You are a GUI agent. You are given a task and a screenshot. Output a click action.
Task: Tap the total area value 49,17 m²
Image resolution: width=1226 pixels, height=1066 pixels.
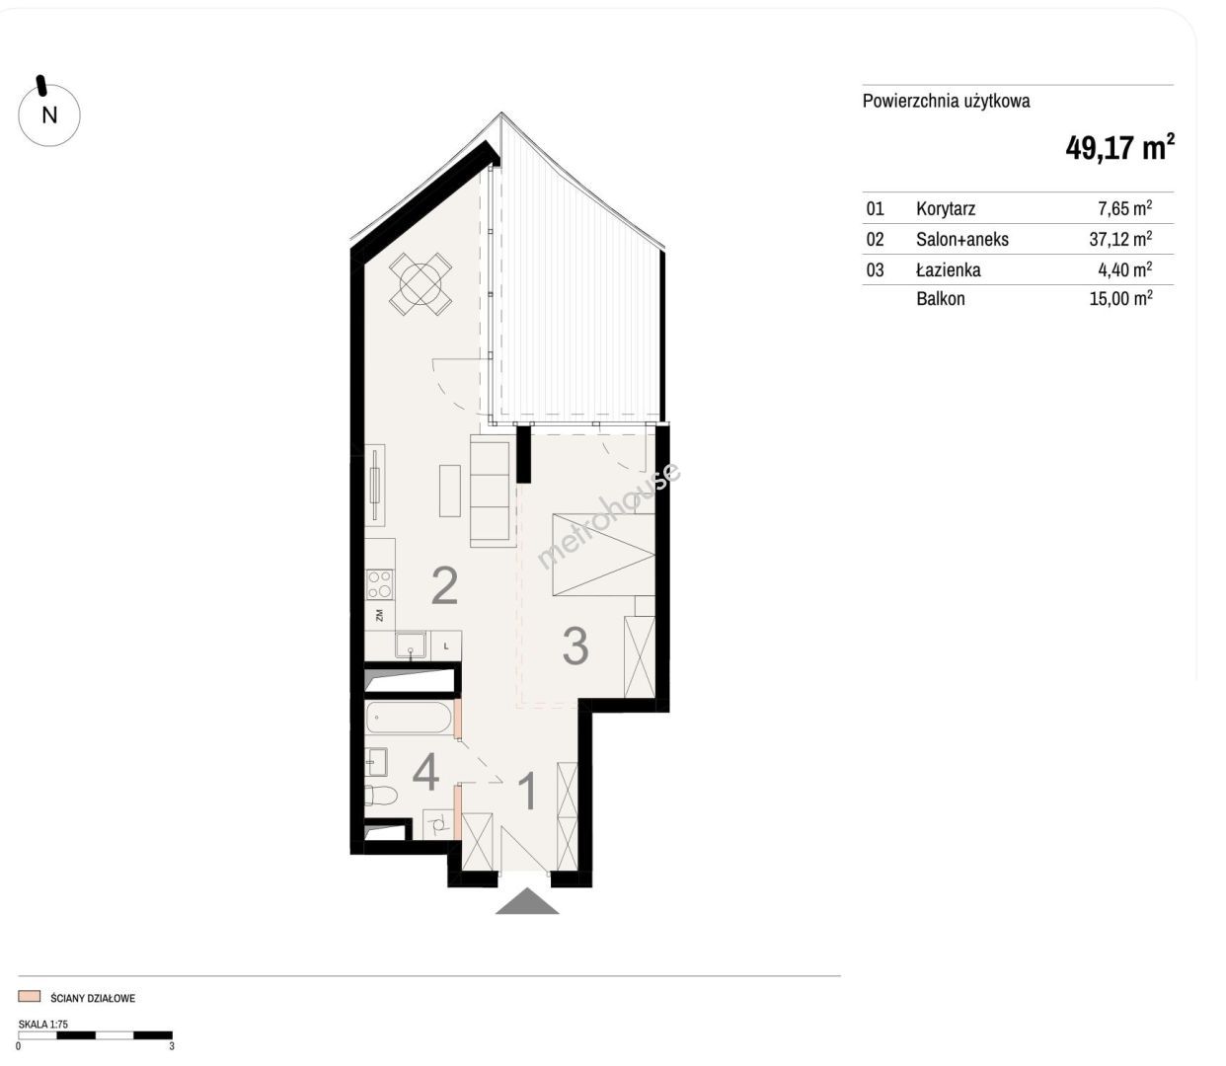[x=1119, y=147]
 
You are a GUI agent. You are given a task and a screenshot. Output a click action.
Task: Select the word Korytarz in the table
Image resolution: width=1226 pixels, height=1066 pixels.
[x=946, y=208]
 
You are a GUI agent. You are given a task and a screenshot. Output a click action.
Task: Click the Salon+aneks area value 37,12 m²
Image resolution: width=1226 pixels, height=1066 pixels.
[x=1120, y=239]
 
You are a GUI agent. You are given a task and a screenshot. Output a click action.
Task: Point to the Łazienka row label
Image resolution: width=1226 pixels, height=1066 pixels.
[x=948, y=269]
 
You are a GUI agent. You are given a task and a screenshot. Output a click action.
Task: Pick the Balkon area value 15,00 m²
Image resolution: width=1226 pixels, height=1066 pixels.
[x=1120, y=298]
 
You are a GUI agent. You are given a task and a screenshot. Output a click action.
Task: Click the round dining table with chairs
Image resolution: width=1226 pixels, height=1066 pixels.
[x=421, y=284]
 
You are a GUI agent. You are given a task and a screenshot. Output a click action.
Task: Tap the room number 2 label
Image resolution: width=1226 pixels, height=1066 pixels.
[x=444, y=585]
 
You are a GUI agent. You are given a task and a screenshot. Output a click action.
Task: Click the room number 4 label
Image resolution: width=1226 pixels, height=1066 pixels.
[x=426, y=773]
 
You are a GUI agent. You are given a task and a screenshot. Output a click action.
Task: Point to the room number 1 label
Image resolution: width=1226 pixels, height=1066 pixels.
[x=527, y=791]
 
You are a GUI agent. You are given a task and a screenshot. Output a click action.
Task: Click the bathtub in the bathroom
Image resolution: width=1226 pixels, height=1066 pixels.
[x=410, y=718]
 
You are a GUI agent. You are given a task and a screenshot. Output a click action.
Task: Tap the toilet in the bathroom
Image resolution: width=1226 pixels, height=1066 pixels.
[x=381, y=796]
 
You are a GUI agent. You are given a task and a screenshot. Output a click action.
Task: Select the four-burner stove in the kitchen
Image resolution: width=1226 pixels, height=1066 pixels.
[x=380, y=585]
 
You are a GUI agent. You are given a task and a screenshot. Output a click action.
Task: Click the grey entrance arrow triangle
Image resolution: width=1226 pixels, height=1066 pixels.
[x=527, y=901]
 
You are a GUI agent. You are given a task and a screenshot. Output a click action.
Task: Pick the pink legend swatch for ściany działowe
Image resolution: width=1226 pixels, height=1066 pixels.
[x=29, y=996]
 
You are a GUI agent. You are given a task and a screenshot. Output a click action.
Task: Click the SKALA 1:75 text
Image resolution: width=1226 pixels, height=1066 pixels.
[x=43, y=1025]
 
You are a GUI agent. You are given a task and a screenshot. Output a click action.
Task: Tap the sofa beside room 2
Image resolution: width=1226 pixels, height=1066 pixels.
[x=493, y=492]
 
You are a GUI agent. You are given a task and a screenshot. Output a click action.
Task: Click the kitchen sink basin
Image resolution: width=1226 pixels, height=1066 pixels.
[x=411, y=646]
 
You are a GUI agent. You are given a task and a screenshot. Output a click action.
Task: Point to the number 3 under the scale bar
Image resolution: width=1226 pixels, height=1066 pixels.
[x=172, y=1046]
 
